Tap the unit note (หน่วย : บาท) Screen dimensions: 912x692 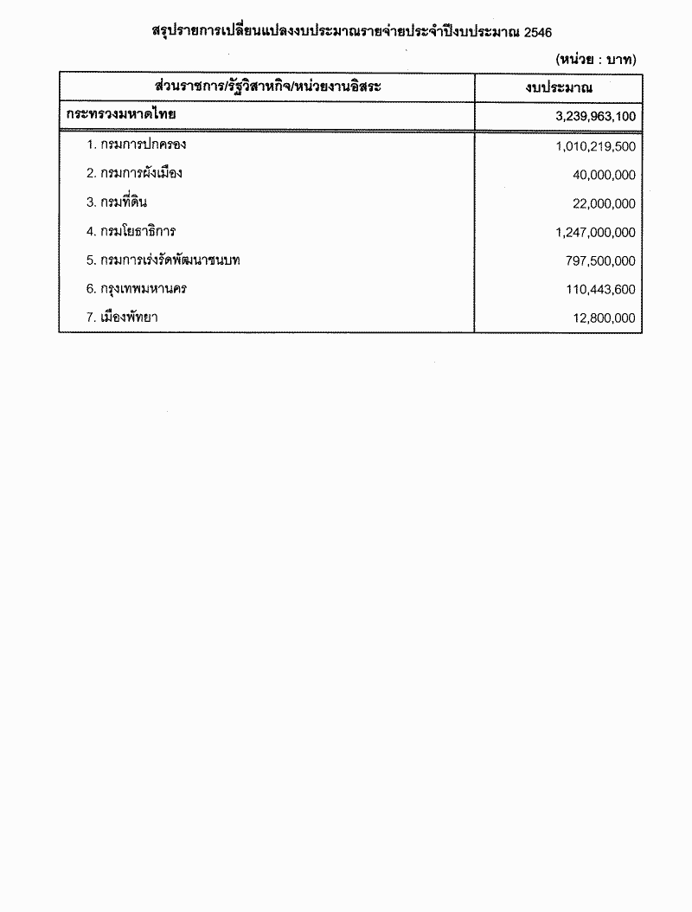click(x=596, y=60)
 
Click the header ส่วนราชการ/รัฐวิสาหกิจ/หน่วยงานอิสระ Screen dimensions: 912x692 click(x=266, y=88)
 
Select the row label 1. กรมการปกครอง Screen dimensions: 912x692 click(x=136, y=145)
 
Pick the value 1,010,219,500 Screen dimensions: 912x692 click(x=596, y=146)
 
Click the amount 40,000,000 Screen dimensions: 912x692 click(x=604, y=175)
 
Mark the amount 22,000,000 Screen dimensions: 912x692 click(x=604, y=204)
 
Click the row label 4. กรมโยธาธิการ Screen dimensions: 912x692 click(x=131, y=231)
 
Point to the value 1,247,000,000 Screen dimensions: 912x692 click(x=596, y=233)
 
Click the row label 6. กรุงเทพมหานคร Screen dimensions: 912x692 click(x=136, y=288)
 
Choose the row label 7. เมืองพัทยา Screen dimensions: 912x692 click(x=122, y=317)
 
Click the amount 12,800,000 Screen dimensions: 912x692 click(x=604, y=318)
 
